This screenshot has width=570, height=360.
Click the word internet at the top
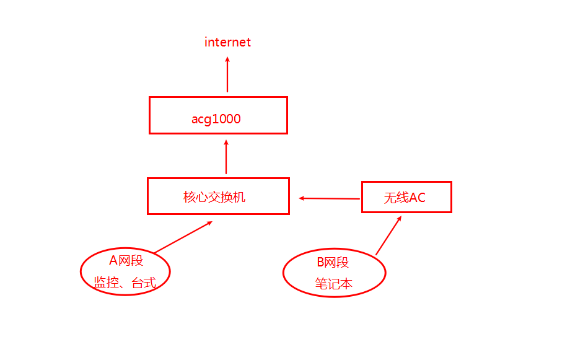(227, 42)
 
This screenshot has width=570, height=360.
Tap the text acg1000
(216, 119)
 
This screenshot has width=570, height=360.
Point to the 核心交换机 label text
(214, 197)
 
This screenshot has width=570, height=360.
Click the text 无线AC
(405, 198)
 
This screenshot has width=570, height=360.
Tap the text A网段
(126, 261)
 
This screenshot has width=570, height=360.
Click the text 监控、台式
(125, 283)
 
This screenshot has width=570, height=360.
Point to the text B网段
(333, 262)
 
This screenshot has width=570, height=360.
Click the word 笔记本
(333, 284)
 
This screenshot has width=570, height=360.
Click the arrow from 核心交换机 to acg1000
(226, 157)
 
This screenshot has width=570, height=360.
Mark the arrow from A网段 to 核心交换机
(183, 237)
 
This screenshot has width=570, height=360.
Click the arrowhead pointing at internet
(227, 60)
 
